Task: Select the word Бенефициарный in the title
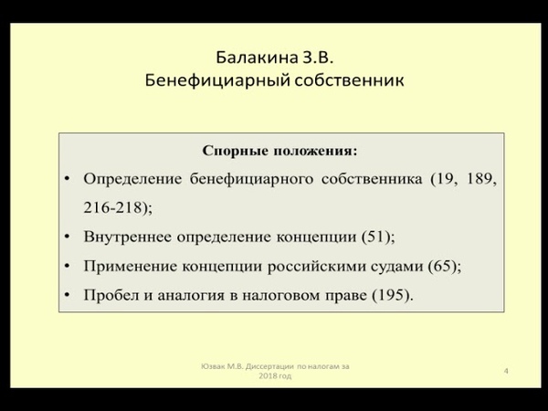[217, 80]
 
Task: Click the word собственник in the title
[349, 80]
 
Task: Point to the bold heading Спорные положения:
[280, 151]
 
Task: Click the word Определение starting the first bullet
[132, 179]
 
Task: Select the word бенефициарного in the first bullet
[251, 179]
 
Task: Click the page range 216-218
[113, 208]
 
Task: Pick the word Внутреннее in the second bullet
[127, 237]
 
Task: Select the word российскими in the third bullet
[316, 267]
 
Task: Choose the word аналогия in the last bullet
[191, 296]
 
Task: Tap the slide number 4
[506, 371]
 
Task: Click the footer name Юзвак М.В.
[222, 366]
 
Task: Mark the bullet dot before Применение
[68, 267]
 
